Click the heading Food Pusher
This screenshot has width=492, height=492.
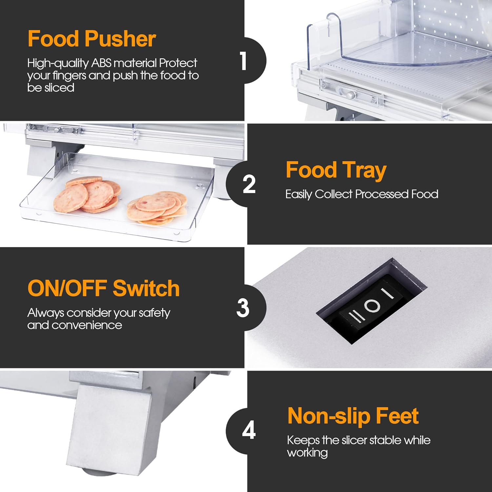(92, 39)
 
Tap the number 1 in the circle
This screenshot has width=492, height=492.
(243, 61)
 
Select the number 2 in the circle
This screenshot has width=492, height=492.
(249, 184)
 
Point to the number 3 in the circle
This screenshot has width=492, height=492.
(243, 308)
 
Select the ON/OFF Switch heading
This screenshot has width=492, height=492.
(104, 288)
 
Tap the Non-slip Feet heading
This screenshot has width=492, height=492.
(353, 416)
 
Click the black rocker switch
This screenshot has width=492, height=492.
(371, 306)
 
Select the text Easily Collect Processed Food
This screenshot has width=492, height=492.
(362, 194)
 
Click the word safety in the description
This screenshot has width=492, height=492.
(154, 313)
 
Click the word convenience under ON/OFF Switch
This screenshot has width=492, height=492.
(87, 325)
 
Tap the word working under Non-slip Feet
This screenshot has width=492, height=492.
(307, 453)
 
